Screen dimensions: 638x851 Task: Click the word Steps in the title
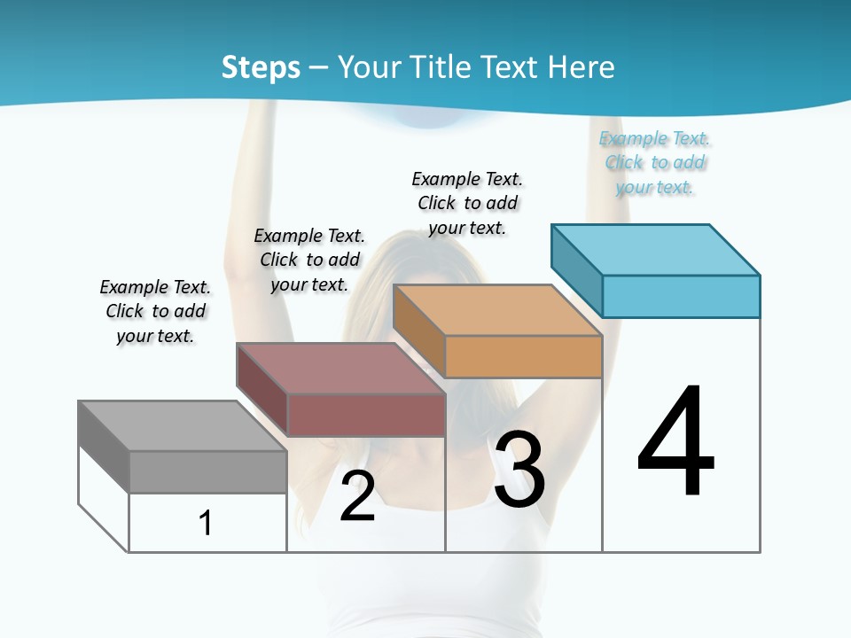coord(261,67)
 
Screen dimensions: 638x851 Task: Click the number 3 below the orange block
coord(519,470)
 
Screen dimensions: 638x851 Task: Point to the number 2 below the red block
coord(357,496)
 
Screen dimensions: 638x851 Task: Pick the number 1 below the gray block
coord(206,523)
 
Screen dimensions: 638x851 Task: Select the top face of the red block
coord(340,368)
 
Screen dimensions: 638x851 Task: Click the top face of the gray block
coord(182,425)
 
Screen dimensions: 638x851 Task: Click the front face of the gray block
coord(207,471)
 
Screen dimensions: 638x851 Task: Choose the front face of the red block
coord(366,415)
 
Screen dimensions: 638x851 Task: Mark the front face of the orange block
coord(523,356)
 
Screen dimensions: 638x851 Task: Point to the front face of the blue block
coord(681,296)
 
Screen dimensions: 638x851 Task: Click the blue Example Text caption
coord(655,162)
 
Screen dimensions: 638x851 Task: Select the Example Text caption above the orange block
coord(467,203)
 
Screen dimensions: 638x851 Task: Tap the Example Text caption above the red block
coord(309,260)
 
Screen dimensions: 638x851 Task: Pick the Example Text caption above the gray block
coord(155,311)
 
